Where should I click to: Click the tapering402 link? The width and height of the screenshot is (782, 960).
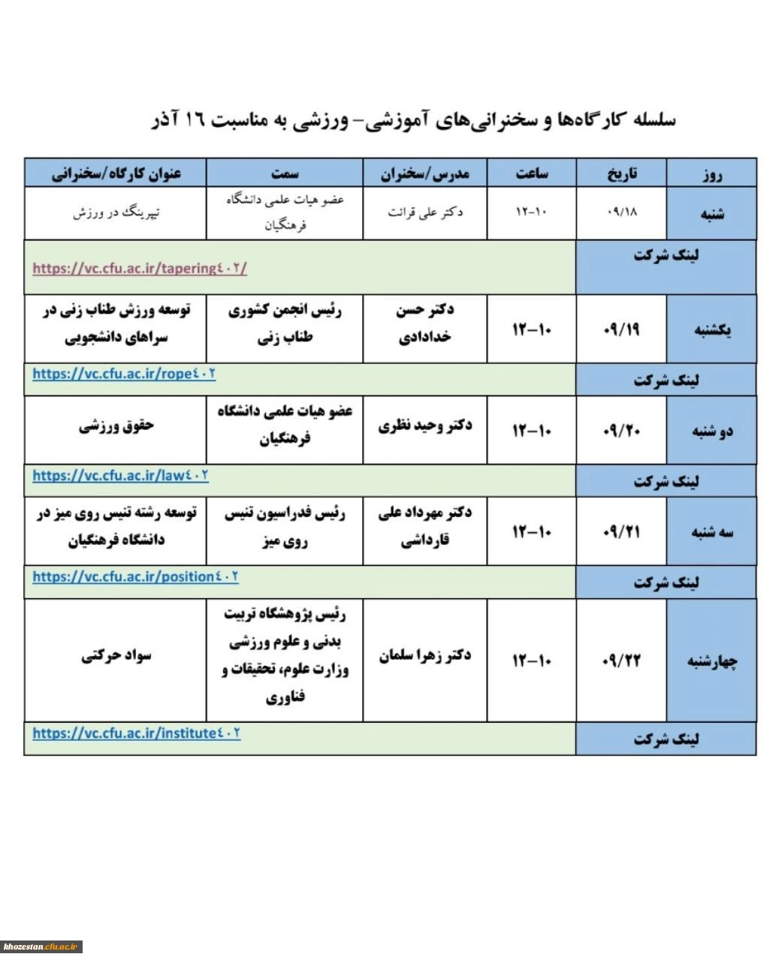[x=140, y=268]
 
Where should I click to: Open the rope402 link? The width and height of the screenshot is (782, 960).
[x=124, y=373]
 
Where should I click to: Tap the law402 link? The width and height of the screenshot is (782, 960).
[x=120, y=475]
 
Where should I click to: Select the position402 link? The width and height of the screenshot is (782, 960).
[x=135, y=576]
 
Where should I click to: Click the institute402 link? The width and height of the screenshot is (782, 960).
[x=136, y=733]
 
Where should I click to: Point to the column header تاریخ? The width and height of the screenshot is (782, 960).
[x=621, y=173]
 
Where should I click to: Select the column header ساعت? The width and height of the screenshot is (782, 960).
[x=532, y=173]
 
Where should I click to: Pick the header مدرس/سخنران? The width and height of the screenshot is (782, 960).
[x=424, y=173]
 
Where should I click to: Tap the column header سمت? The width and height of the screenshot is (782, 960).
[x=285, y=173]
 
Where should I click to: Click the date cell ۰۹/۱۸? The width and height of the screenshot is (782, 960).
[x=621, y=212]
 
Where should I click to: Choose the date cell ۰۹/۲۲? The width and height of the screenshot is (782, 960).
[x=621, y=661]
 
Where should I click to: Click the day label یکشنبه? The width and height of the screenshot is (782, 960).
[x=711, y=330]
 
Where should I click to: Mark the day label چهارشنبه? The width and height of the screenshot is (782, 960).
[x=711, y=661]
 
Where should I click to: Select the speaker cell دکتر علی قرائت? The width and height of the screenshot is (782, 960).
[x=424, y=212]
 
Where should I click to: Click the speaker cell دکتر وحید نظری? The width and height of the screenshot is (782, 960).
[x=424, y=426]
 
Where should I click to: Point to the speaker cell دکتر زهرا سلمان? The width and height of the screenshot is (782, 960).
[x=424, y=656]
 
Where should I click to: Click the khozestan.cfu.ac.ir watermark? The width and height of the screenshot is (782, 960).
[x=41, y=947]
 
